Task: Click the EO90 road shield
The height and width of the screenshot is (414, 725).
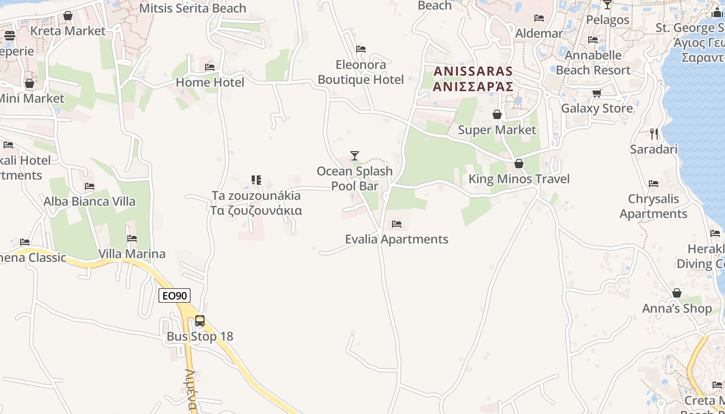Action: pyautogui.click(x=175, y=295)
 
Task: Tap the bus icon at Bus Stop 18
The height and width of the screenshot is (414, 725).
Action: pyautogui.click(x=200, y=321)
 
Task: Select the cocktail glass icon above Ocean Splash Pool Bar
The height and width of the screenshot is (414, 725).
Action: pyautogui.click(x=355, y=155)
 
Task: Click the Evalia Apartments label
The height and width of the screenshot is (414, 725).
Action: pyautogui.click(x=397, y=239)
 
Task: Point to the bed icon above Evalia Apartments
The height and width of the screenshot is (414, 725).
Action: pyautogui.click(x=397, y=224)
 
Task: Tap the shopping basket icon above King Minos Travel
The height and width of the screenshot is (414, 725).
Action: pyautogui.click(x=519, y=164)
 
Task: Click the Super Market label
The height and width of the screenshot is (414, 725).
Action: pyautogui.click(x=497, y=130)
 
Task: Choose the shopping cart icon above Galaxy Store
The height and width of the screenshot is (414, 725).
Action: pyautogui.click(x=597, y=94)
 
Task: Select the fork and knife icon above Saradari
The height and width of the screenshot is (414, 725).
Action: pyautogui.click(x=654, y=134)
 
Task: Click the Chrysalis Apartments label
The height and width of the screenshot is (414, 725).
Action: pyautogui.click(x=654, y=206)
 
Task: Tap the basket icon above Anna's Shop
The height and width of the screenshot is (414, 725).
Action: pyautogui.click(x=677, y=293)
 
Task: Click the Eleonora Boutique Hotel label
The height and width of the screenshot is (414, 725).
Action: pyautogui.click(x=361, y=72)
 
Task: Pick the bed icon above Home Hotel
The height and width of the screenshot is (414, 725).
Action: pyautogui.click(x=210, y=67)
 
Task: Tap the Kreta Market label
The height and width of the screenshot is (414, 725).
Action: pyautogui.click(x=68, y=31)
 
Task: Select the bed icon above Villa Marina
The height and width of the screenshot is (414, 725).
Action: pyautogui.click(x=132, y=239)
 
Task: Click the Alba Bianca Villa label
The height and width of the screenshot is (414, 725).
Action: pyautogui.click(x=90, y=201)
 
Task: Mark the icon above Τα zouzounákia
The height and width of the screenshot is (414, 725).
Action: pyautogui.click(x=256, y=180)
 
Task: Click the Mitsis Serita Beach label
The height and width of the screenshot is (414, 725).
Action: pyautogui.click(x=193, y=8)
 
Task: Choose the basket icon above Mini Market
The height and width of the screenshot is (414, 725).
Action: pyautogui.click(x=30, y=83)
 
